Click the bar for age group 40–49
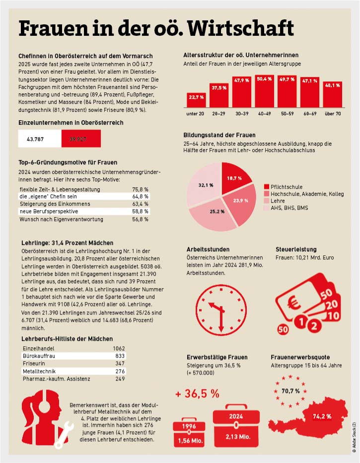(268, 91)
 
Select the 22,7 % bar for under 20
(197, 99)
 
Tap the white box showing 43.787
(40, 139)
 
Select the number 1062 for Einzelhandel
(119, 348)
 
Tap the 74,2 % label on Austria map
(321, 416)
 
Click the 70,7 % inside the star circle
(290, 390)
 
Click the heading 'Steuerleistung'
(296, 249)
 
